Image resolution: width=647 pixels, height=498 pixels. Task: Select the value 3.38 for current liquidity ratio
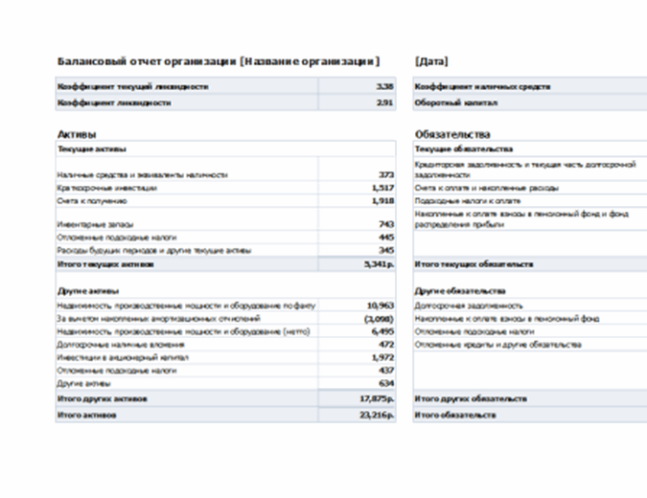coord(384,86)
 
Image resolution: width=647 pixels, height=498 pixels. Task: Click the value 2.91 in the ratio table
coord(384,102)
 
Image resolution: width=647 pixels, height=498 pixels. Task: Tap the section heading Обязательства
coord(452,135)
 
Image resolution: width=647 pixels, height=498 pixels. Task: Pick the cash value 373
coord(386,175)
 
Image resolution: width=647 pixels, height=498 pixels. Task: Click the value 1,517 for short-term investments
coord(382,189)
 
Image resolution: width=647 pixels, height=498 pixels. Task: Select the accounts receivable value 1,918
coord(382,201)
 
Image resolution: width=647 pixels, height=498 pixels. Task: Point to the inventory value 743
coord(386,223)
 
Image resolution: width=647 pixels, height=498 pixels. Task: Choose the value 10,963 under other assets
coord(381,305)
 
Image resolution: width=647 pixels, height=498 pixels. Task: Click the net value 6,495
coord(382,330)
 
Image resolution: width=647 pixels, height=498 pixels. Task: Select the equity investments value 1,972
coord(382,356)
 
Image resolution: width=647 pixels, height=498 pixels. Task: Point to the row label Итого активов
coord(86,415)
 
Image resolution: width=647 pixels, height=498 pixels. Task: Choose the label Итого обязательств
coord(455,415)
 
